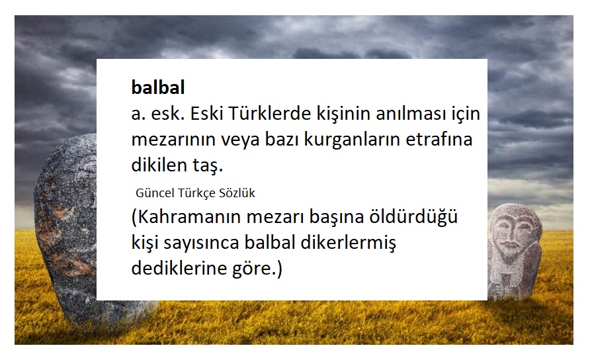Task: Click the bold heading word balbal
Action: [x=157, y=88]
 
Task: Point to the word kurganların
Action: [x=348, y=140]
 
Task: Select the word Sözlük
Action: [x=237, y=193]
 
